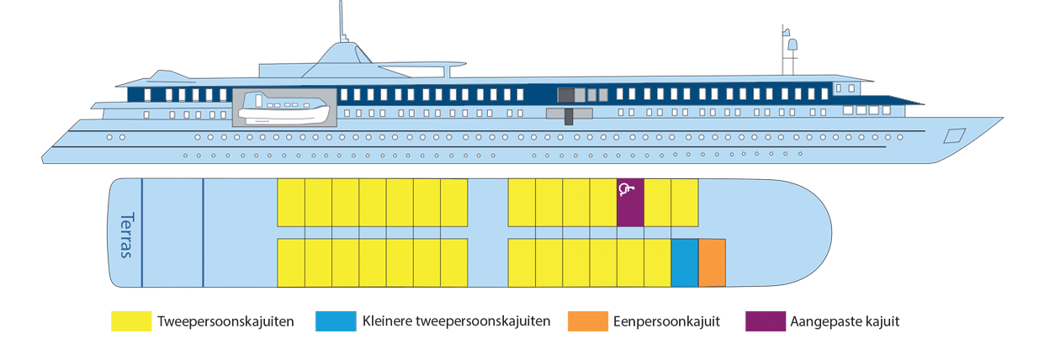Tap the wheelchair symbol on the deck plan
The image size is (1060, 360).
click(x=625, y=189)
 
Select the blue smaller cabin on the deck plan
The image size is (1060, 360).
click(x=684, y=262)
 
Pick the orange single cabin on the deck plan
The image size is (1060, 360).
click(x=712, y=262)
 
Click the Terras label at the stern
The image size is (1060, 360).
click(x=126, y=235)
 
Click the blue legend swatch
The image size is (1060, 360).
click(x=334, y=320)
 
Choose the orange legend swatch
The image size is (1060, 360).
click(x=587, y=320)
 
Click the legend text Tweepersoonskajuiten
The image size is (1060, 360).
click(x=225, y=320)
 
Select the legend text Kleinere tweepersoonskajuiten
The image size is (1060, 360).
click(x=456, y=320)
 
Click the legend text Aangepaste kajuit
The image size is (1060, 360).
click(x=845, y=320)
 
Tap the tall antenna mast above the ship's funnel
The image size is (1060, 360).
click(x=341, y=21)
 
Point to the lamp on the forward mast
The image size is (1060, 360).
click(x=792, y=44)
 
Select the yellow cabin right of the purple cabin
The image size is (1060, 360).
click(x=657, y=203)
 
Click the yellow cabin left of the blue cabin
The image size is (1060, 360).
click(x=657, y=262)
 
